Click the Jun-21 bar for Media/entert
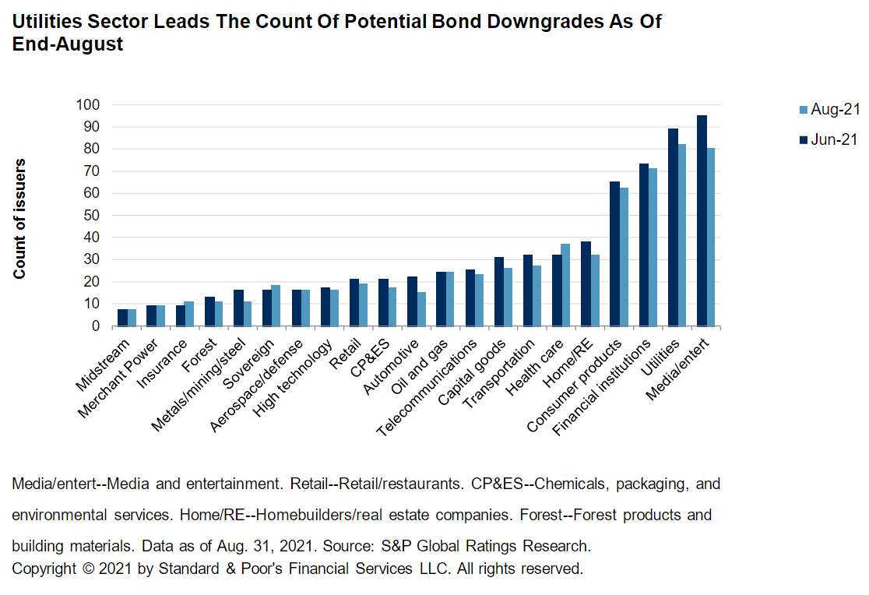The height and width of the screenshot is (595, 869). point(702,220)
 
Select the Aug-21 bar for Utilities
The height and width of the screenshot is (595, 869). point(682,234)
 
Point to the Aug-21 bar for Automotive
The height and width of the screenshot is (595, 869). point(421,308)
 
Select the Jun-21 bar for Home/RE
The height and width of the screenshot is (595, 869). point(586,283)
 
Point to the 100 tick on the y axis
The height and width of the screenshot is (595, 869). point(88,105)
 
